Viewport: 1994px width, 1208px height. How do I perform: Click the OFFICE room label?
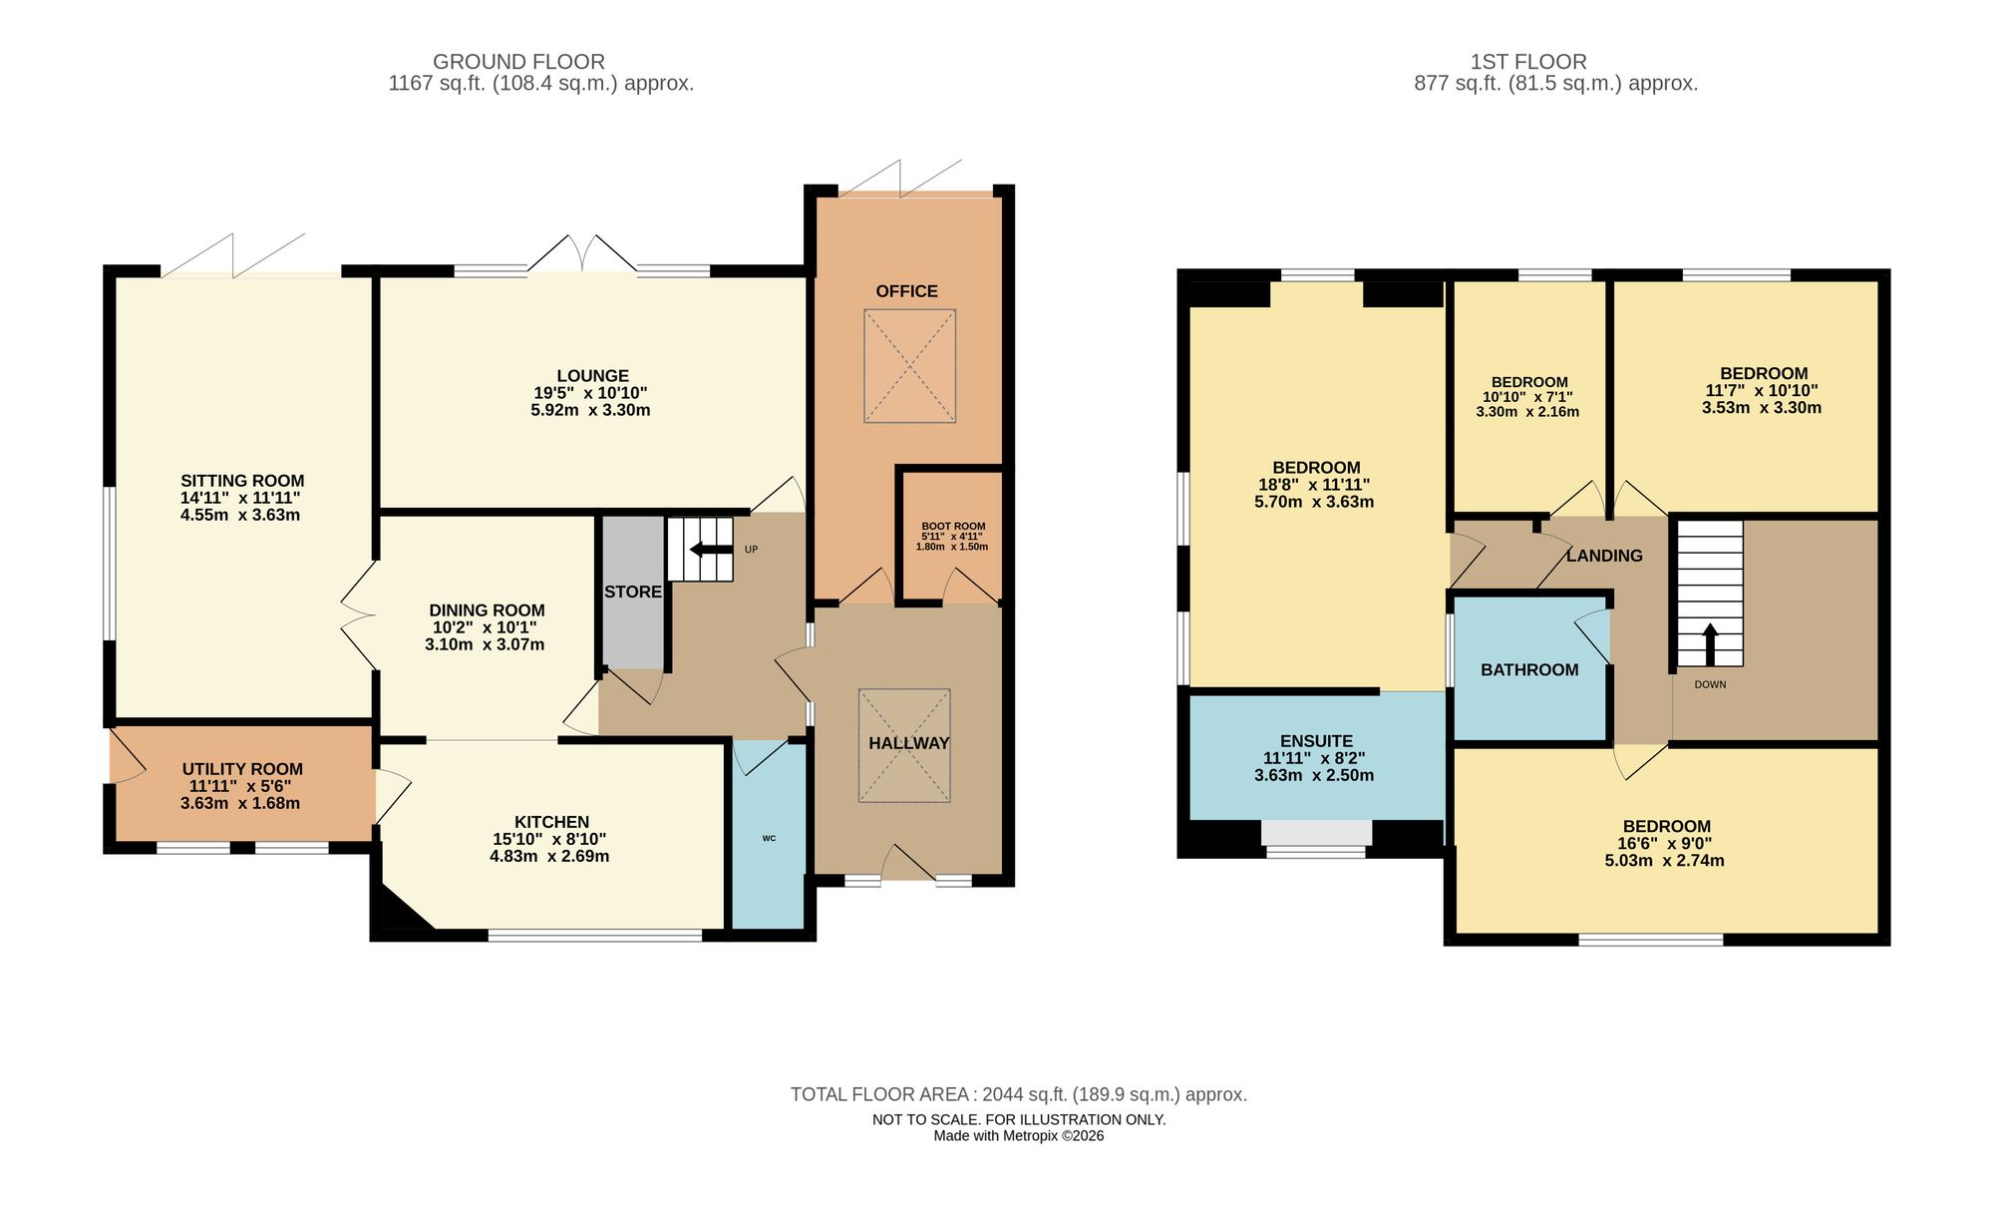906,291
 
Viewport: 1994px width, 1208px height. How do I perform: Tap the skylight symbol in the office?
909,366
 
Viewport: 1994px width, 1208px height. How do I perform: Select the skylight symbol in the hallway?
904,745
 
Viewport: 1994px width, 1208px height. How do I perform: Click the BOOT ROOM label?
953,527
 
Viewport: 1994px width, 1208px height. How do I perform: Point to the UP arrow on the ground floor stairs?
710,549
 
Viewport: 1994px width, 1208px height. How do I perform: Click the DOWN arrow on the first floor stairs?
1710,643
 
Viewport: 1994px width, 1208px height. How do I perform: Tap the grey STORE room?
633,592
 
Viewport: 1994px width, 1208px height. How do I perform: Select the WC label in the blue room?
769,838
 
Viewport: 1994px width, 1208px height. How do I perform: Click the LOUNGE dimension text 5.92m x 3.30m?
590,410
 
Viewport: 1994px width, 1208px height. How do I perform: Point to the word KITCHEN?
551,822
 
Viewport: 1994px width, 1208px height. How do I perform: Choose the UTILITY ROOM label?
242,769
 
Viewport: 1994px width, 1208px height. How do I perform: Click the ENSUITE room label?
1316,741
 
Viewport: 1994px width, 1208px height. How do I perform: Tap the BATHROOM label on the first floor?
1529,670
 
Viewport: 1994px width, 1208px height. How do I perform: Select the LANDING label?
1604,556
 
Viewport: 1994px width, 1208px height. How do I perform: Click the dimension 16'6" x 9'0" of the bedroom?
1664,843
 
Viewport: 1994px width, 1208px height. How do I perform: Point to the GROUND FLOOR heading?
518,62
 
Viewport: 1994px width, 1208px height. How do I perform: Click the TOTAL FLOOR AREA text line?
1018,1094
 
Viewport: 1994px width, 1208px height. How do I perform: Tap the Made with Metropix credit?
1018,1135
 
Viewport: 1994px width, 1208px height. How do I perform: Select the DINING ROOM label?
487,610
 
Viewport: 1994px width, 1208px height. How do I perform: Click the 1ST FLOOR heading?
1527,62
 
